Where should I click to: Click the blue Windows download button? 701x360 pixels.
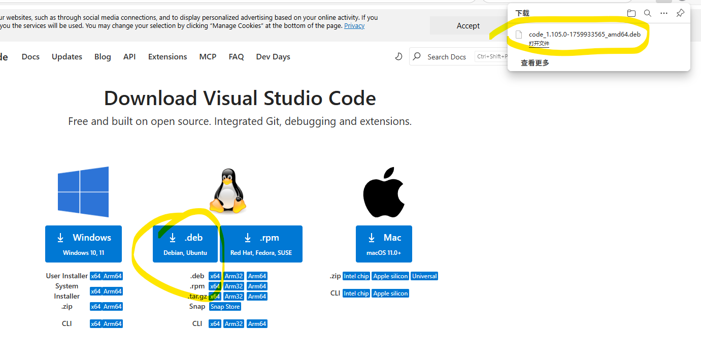83,244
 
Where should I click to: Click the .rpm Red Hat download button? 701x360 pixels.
261,244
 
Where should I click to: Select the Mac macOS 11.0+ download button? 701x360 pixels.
384,244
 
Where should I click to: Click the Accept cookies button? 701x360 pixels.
468,26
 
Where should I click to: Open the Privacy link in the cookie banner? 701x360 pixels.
354,26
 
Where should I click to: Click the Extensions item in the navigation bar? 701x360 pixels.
168,57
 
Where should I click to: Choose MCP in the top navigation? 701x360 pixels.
208,57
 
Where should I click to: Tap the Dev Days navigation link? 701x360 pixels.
273,57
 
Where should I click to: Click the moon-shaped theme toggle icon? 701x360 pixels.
399,56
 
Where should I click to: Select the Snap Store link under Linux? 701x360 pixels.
225,307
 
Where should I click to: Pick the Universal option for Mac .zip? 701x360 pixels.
424,276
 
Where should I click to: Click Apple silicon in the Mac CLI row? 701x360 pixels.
390,293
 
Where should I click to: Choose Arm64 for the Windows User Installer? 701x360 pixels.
113,276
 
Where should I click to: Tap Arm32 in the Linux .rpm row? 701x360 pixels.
233,286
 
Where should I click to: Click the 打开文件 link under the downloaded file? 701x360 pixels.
539,44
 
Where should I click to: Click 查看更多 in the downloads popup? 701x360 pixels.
535,63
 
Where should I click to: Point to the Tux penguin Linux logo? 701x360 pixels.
228,191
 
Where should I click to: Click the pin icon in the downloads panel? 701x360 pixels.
680,13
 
